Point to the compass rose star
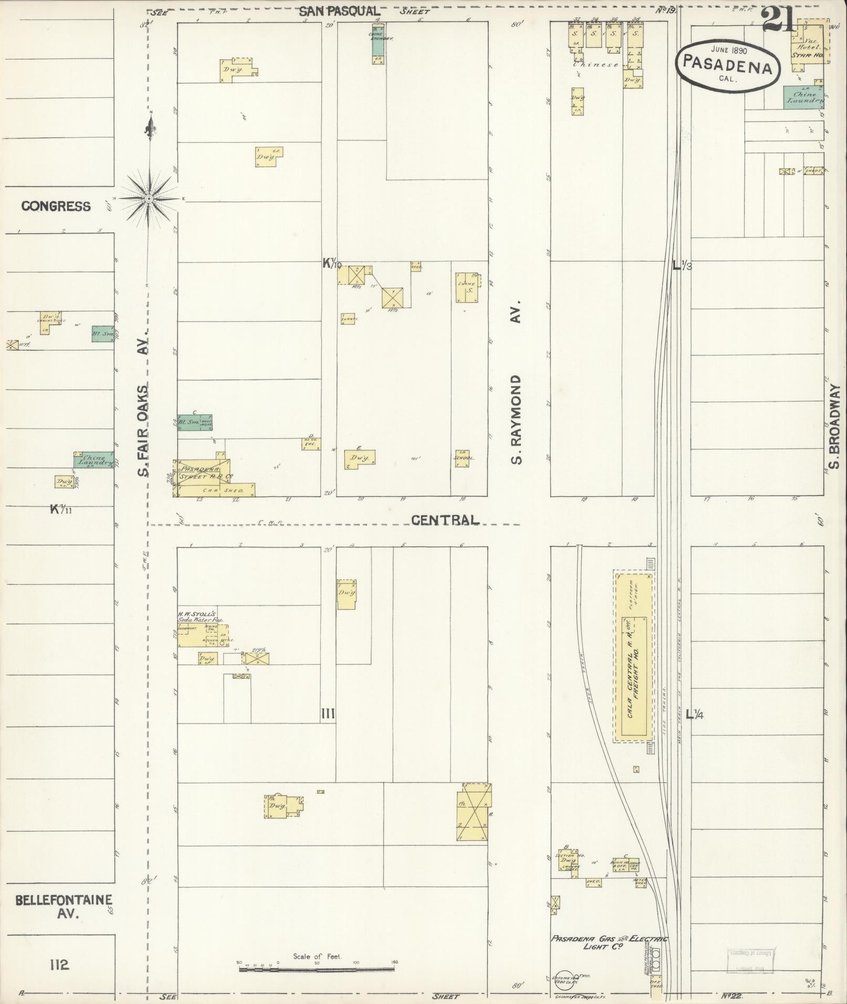tap(149, 198)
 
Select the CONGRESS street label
tap(56, 206)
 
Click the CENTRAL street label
tap(445, 520)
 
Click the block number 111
tap(328, 713)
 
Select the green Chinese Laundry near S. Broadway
tap(802, 97)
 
